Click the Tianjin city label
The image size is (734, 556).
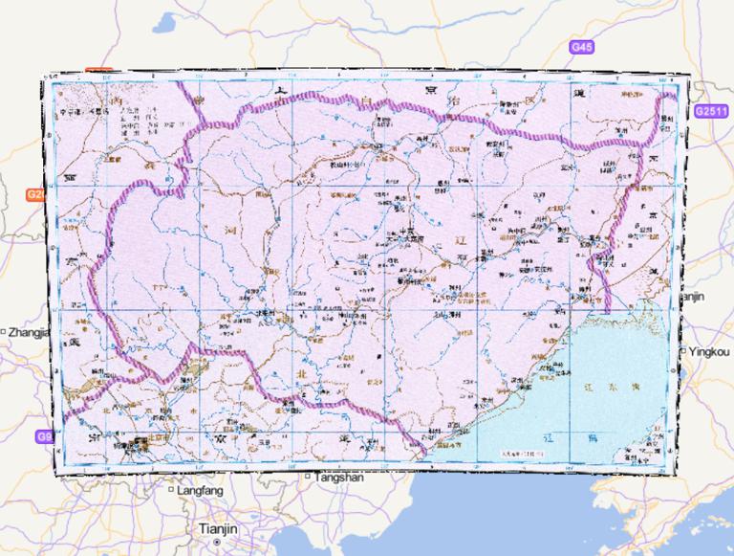[218, 528]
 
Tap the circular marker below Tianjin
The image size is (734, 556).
[218, 542]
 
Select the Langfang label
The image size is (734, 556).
[200, 490]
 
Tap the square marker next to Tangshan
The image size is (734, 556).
[307, 477]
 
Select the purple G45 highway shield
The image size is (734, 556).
[581, 47]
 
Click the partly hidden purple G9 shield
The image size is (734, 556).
[45, 436]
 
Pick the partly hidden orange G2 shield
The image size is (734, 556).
[35, 195]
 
